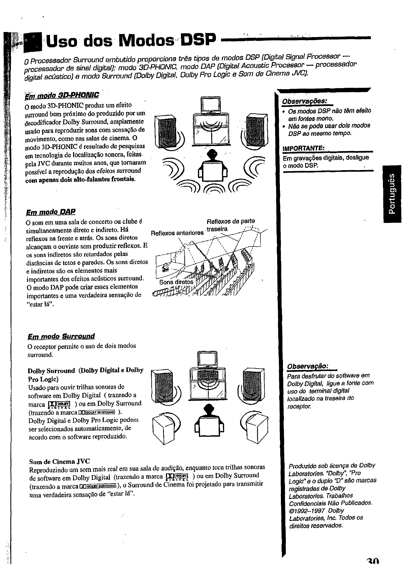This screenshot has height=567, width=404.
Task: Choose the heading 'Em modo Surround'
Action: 61,336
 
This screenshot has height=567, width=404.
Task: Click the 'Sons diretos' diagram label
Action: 176,282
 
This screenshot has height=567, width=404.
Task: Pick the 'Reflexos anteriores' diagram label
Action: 177,233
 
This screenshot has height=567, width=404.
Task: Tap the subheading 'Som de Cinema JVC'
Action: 60,462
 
